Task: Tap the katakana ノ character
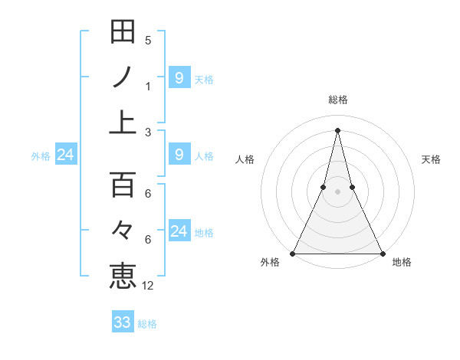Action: click(x=123, y=77)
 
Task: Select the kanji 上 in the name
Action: click(x=123, y=122)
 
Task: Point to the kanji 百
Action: click(x=123, y=185)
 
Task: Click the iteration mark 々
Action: click(x=123, y=229)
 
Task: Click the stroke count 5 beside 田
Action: click(x=148, y=41)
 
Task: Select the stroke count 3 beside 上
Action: click(x=148, y=132)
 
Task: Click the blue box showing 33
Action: click(x=123, y=322)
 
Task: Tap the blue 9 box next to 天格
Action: click(x=179, y=77)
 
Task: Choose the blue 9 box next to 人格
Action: click(x=179, y=155)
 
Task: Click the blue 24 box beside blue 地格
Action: click(x=179, y=231)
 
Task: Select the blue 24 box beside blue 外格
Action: click(x=65, y=155)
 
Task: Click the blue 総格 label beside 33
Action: click(x=147, y=323)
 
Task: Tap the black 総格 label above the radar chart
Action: click(x=337, y=100)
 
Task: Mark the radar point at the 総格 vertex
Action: click(x=337, y=129)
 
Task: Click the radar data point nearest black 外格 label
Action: click(x=293, y=254)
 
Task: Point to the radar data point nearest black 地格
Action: click(x=382, y=254)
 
